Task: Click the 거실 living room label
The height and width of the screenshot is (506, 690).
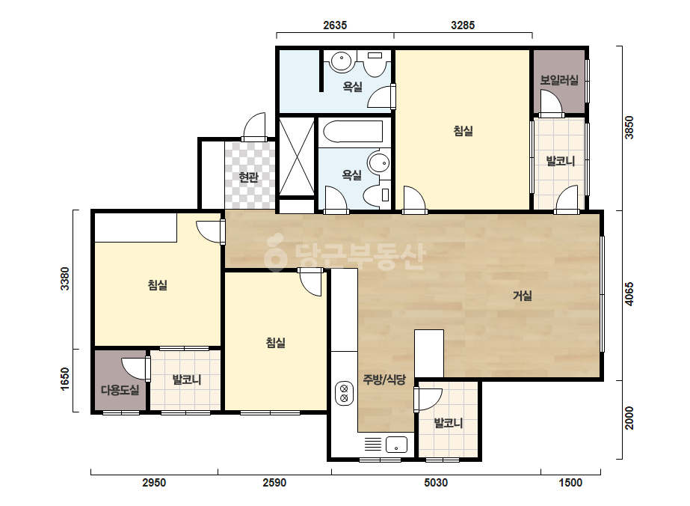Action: [523, 296]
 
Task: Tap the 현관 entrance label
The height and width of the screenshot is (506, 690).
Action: [248, 177]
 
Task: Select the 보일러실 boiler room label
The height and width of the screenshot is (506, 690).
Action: [559, 80]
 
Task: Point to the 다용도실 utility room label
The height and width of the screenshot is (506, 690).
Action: [120, 390]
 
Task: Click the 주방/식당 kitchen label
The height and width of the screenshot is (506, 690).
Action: [384, 379]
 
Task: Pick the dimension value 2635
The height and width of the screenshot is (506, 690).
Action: [335, 25]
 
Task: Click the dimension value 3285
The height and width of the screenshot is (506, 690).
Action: [463, 25]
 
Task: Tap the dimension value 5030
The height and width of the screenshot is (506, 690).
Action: [436, 483]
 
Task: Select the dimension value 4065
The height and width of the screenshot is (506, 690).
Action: [629, 294]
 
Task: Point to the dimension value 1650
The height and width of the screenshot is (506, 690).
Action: [65, 379]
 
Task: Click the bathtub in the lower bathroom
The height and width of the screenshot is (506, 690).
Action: [353, 132]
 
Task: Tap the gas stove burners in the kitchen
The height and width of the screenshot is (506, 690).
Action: [344, 393]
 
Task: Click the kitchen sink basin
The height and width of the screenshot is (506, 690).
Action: [396, 445]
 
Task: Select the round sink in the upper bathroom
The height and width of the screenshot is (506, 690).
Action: [341, 61]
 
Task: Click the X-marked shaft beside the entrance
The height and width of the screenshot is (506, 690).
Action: [297, 156]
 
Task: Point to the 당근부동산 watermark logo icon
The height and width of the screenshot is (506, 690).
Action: [276, 252]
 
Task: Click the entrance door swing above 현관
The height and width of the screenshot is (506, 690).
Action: [255, 127]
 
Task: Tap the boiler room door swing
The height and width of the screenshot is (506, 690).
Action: [552, 102]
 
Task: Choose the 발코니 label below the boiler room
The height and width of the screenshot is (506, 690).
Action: [560, 161]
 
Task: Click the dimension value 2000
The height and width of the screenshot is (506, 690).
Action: [629, 418]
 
